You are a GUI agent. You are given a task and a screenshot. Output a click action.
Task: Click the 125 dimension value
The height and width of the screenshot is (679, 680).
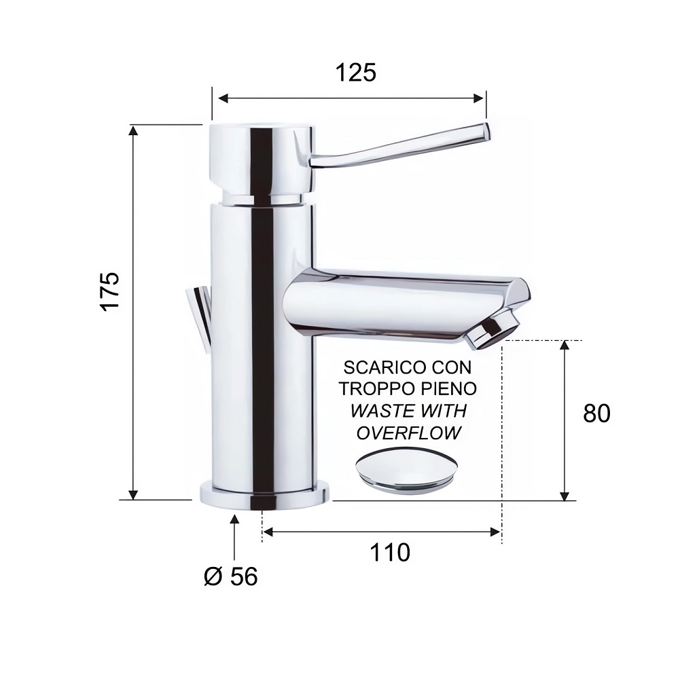coord(356,73)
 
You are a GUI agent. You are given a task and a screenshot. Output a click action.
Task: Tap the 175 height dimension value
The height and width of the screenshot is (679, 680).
coord(109,291)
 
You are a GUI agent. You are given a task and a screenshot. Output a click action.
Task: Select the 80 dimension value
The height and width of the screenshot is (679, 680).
coord(596,414)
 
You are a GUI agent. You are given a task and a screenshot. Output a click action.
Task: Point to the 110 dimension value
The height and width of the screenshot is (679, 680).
coord(390,553)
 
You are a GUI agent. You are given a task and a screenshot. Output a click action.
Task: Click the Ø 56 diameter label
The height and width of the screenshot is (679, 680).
coord(231,576)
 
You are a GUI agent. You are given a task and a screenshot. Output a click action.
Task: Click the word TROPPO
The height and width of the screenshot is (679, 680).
coord(372,389)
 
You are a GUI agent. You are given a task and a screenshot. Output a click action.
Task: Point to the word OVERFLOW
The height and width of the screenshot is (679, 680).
coord(408,433)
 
